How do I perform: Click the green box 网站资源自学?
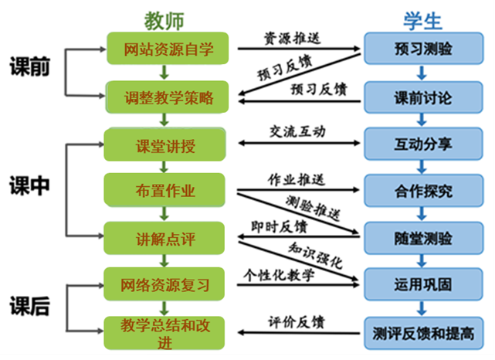point(167,49)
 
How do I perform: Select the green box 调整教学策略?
point(167,98)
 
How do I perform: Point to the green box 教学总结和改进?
point(165,330)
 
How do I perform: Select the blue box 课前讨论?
point(423,98)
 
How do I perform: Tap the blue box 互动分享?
point(423,144)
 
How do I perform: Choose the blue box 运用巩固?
point(423,284)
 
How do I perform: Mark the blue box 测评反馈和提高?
point(423,332)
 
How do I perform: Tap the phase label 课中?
point(29,186)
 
